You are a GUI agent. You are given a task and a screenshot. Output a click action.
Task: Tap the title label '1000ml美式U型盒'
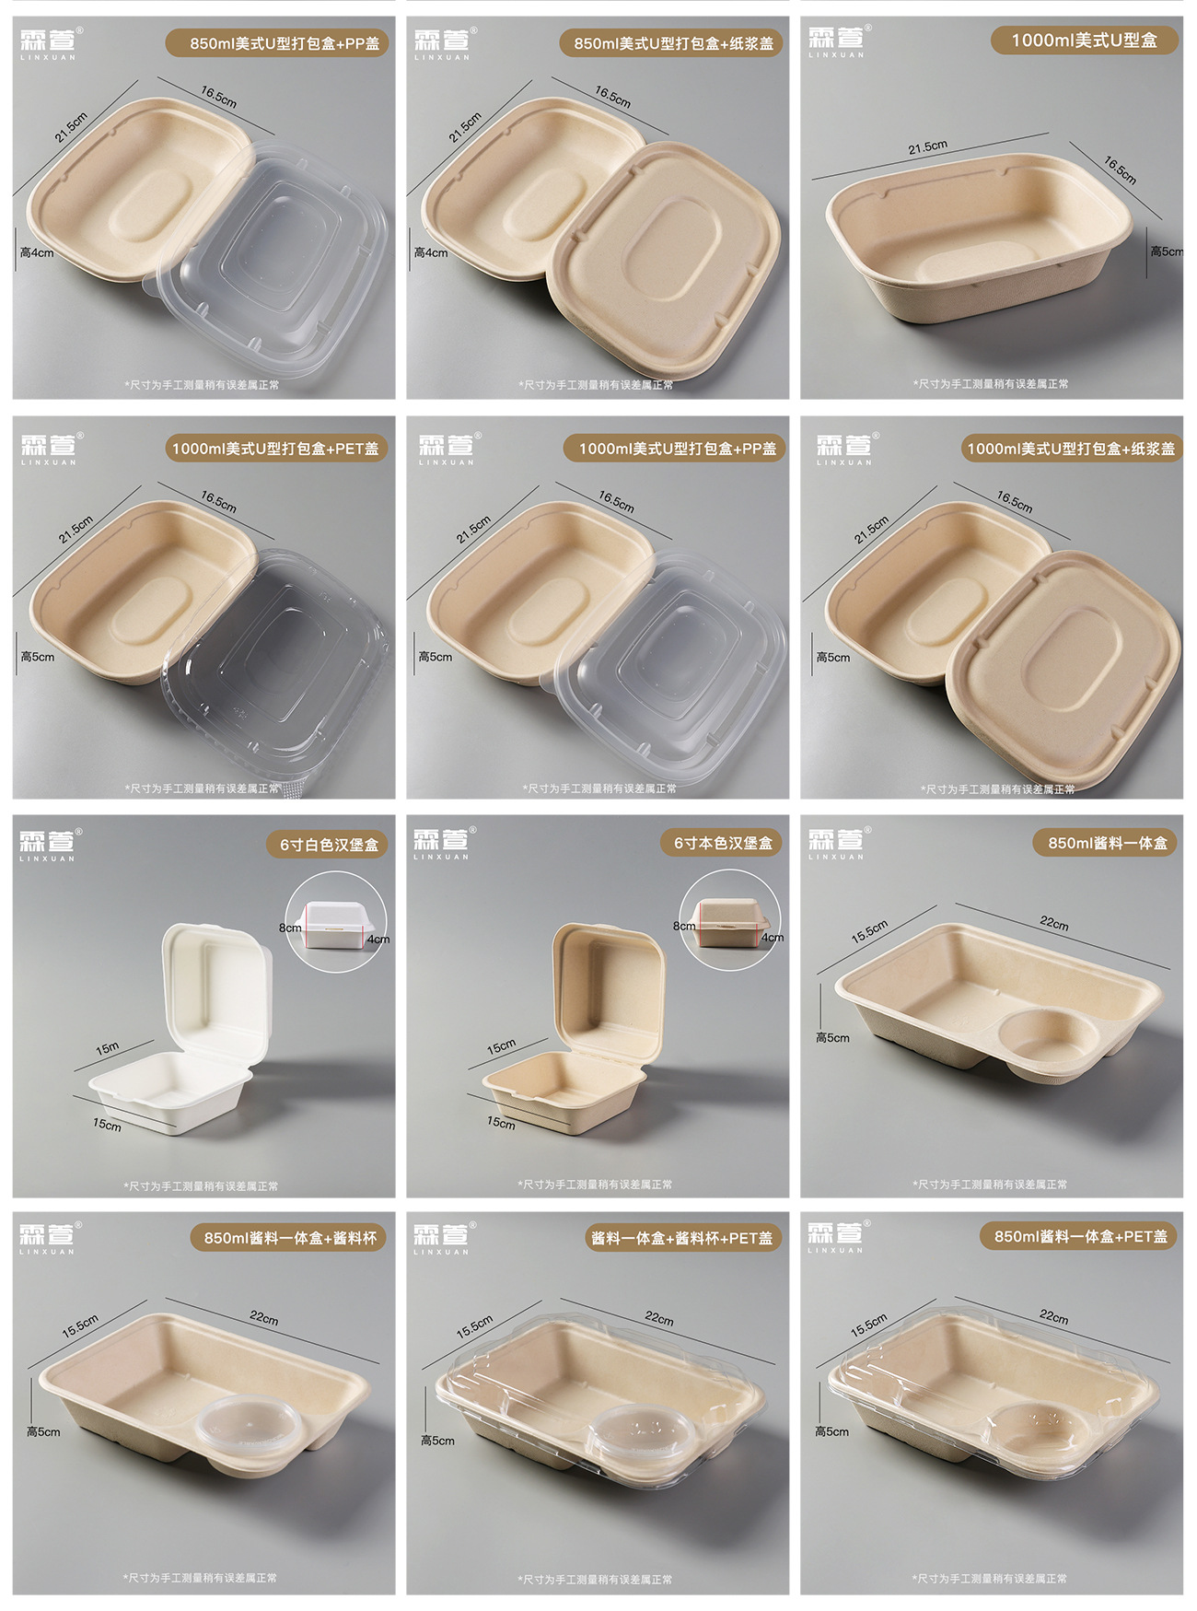(x=1084, y=41)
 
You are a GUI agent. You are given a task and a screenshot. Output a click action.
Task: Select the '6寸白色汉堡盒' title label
(x=329, y=845)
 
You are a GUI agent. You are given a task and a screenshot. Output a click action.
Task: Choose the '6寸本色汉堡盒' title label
(x=723, y=843)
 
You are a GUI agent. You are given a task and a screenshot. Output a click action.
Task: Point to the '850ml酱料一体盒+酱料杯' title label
(x=290, y=1238)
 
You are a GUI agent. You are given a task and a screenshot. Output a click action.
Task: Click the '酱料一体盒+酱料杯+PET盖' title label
(x=682, y=1238)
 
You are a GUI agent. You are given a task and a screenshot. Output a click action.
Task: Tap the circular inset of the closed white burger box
(x=336, y=921)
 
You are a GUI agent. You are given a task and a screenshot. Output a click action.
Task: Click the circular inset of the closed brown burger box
(x=730, y=920)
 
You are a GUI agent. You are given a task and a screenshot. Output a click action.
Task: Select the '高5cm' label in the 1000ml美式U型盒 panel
(x=1165, y=251)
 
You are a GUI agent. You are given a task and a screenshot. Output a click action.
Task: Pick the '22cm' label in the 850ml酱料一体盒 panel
(x=1054, y=923)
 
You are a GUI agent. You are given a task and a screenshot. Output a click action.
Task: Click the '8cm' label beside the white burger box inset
(x=290, y=928)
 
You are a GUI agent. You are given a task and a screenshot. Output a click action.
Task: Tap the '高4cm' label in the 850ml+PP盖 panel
(x=37, y=252)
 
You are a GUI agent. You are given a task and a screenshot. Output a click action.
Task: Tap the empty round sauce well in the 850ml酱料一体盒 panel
(x=1050, y=1039)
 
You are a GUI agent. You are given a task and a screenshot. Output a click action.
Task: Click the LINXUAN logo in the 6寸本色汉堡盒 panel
(x=442, y=844)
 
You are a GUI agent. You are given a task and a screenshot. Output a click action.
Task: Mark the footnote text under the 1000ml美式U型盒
(x=991, y=384)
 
